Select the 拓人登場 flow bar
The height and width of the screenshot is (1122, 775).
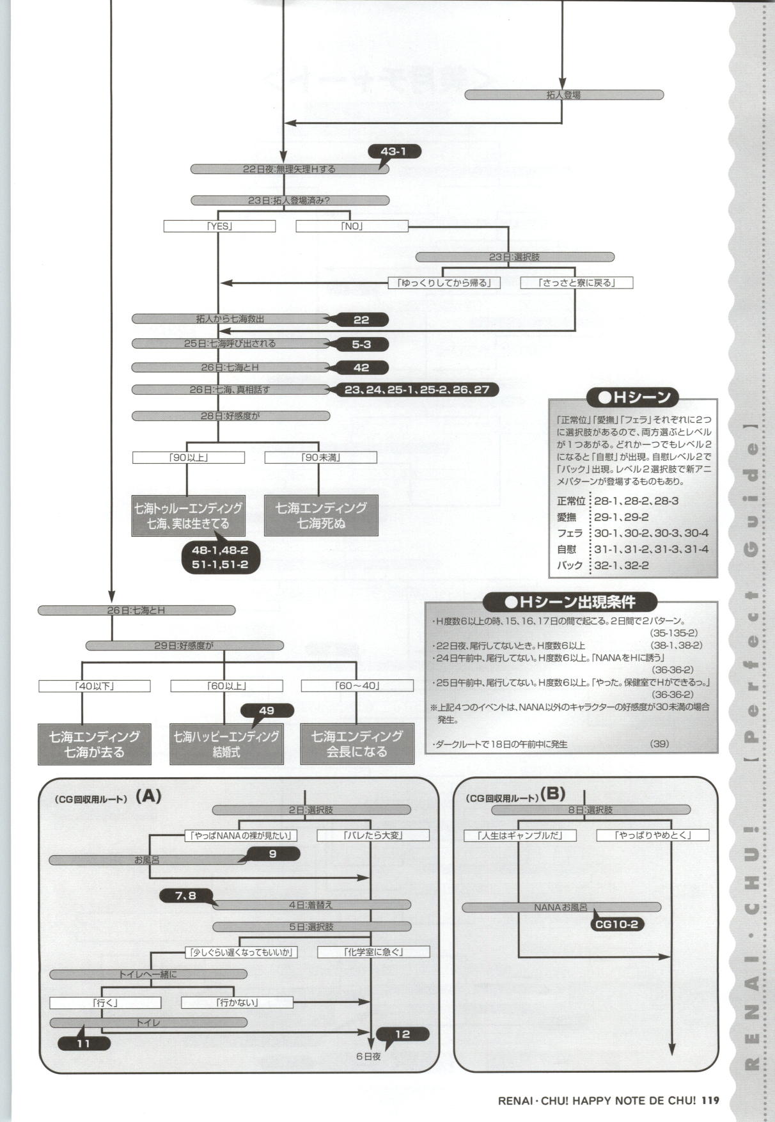coord(563,95)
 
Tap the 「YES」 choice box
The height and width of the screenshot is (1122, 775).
coord(219,226)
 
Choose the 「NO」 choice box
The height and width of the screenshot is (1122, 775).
coord(352,226)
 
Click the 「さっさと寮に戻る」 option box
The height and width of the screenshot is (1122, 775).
coord(576,283)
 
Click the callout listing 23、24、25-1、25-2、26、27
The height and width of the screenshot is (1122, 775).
coord(417,390)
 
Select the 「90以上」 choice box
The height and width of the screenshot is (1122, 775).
coord(188,457)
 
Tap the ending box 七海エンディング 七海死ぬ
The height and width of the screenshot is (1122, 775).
coord(321,516)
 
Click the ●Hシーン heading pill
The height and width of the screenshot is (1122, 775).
coord(633,397)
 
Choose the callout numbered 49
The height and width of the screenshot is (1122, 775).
coord(267,710)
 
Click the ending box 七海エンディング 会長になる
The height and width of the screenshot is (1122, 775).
coord(357,744)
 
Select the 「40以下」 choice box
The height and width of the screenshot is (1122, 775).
coord(95,686)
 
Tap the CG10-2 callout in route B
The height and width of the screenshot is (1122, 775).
coord(617,924)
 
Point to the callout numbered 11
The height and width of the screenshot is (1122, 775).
coord(84,1043)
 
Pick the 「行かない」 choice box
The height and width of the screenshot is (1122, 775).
coord(237,1002)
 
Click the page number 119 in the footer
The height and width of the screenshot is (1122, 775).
coord(710,1101)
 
